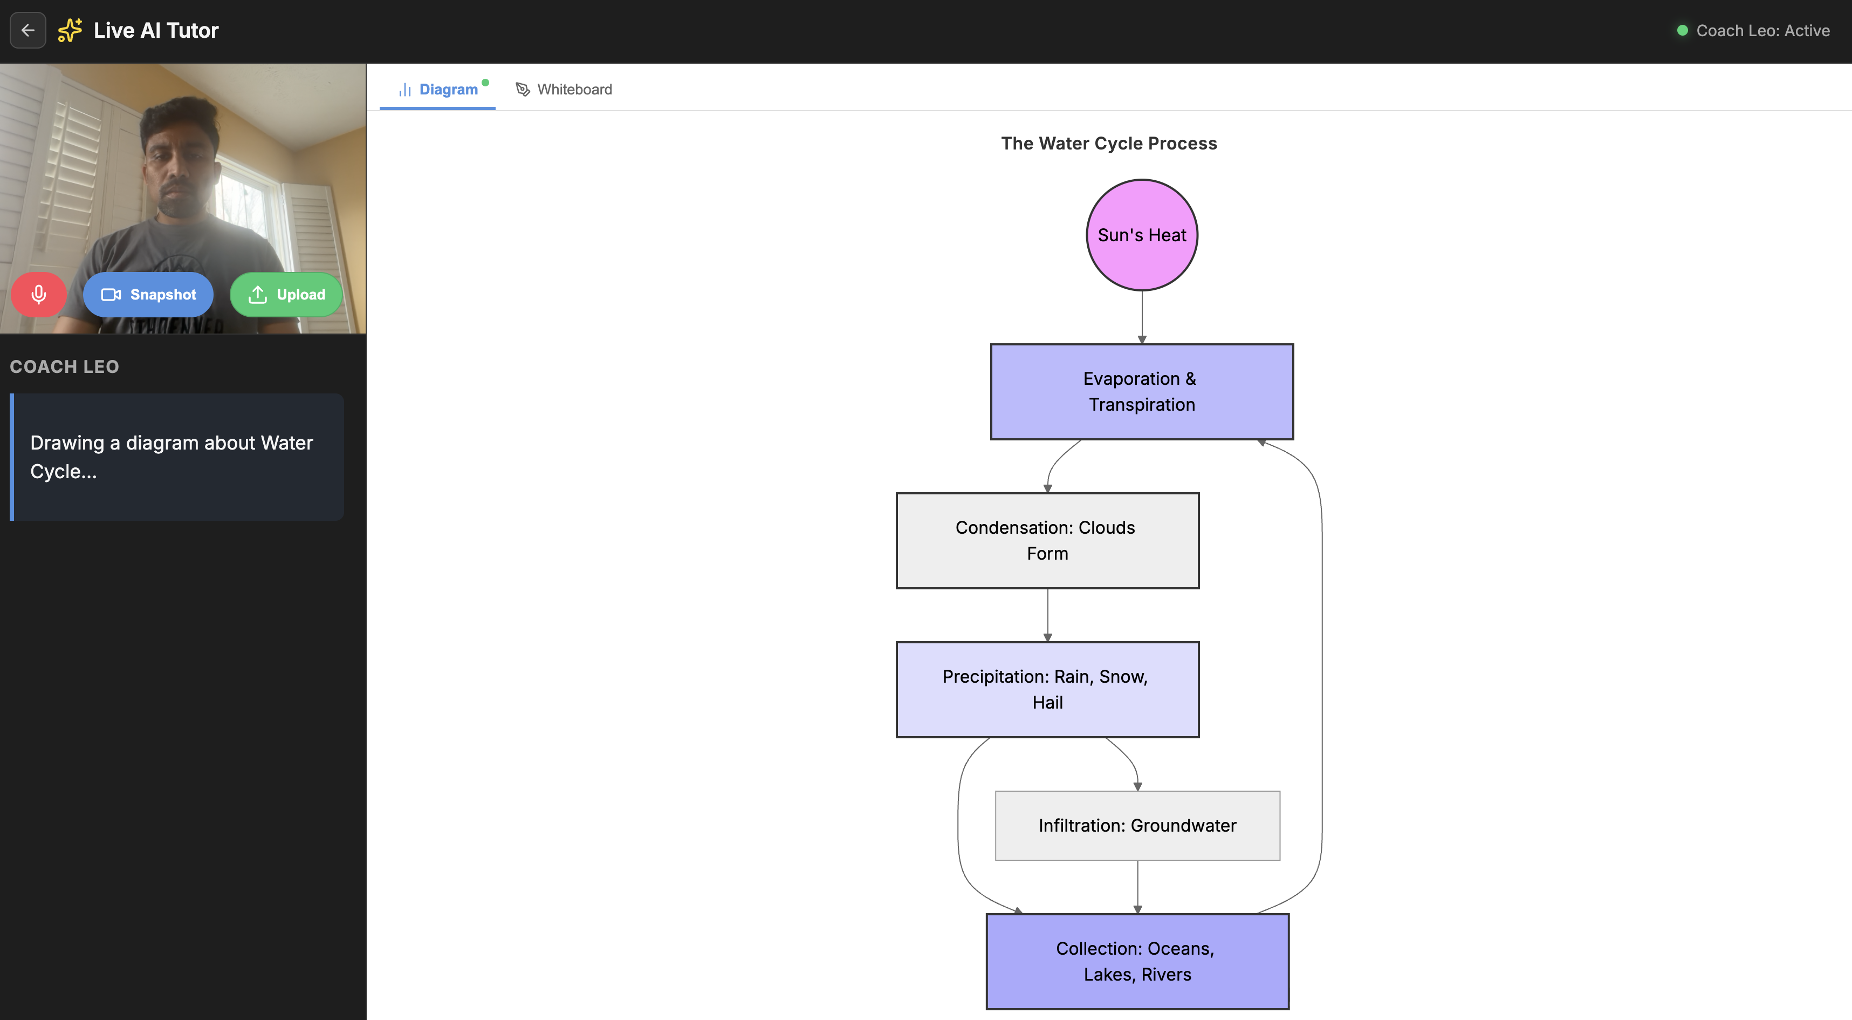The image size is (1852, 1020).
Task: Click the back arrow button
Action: click(28, 30)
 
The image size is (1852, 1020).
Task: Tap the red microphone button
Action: click(39, 294)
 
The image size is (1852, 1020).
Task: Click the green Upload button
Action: click(286, 294)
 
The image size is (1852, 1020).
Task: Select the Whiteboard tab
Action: click(564, 89)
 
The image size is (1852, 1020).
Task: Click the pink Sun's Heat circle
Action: click(1142, 235)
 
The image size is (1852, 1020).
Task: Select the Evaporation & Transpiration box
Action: click(1142, 391)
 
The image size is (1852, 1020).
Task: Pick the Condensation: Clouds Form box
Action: click(1047, 540)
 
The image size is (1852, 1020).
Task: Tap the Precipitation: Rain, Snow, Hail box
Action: click(1047, 689)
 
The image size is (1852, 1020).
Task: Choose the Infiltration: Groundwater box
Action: click(1137, 825)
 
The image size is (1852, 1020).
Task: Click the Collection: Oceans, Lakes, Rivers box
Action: click(1137, 961)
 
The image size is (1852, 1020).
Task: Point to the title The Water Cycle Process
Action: click(1109, 143)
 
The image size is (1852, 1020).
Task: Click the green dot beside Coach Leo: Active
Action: click(1682, 30)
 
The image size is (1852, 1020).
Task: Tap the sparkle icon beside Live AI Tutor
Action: click(70, 30)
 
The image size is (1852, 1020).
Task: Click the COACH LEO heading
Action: click(65, 367)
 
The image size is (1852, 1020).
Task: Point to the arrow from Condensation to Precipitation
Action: click(1047, 615)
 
